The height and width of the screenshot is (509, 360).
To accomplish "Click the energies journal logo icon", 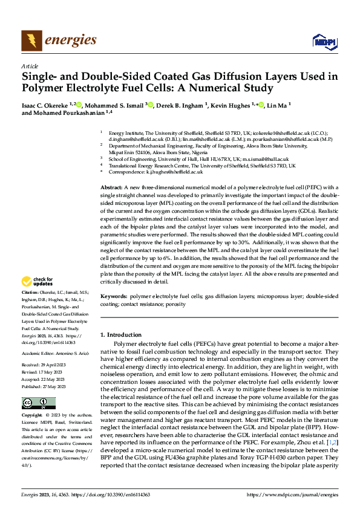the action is (30, 41).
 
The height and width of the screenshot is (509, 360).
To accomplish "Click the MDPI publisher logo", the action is (321, 41).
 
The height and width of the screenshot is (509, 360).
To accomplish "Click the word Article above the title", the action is (30, 66).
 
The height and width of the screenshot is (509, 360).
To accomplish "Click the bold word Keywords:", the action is (113, 297).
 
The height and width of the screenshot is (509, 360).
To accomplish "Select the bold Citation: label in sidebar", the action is (31, 291).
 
